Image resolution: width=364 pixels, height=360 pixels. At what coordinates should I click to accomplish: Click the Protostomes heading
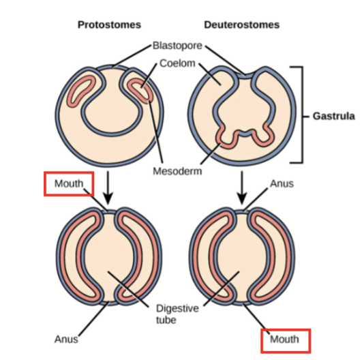(109, 25)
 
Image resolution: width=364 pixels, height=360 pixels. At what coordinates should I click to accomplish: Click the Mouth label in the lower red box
(284, 339)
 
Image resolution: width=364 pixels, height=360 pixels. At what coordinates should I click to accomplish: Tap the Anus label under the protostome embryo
(66, 339)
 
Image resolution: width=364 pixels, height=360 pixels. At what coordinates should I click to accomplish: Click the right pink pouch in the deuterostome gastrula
(262, 138)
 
